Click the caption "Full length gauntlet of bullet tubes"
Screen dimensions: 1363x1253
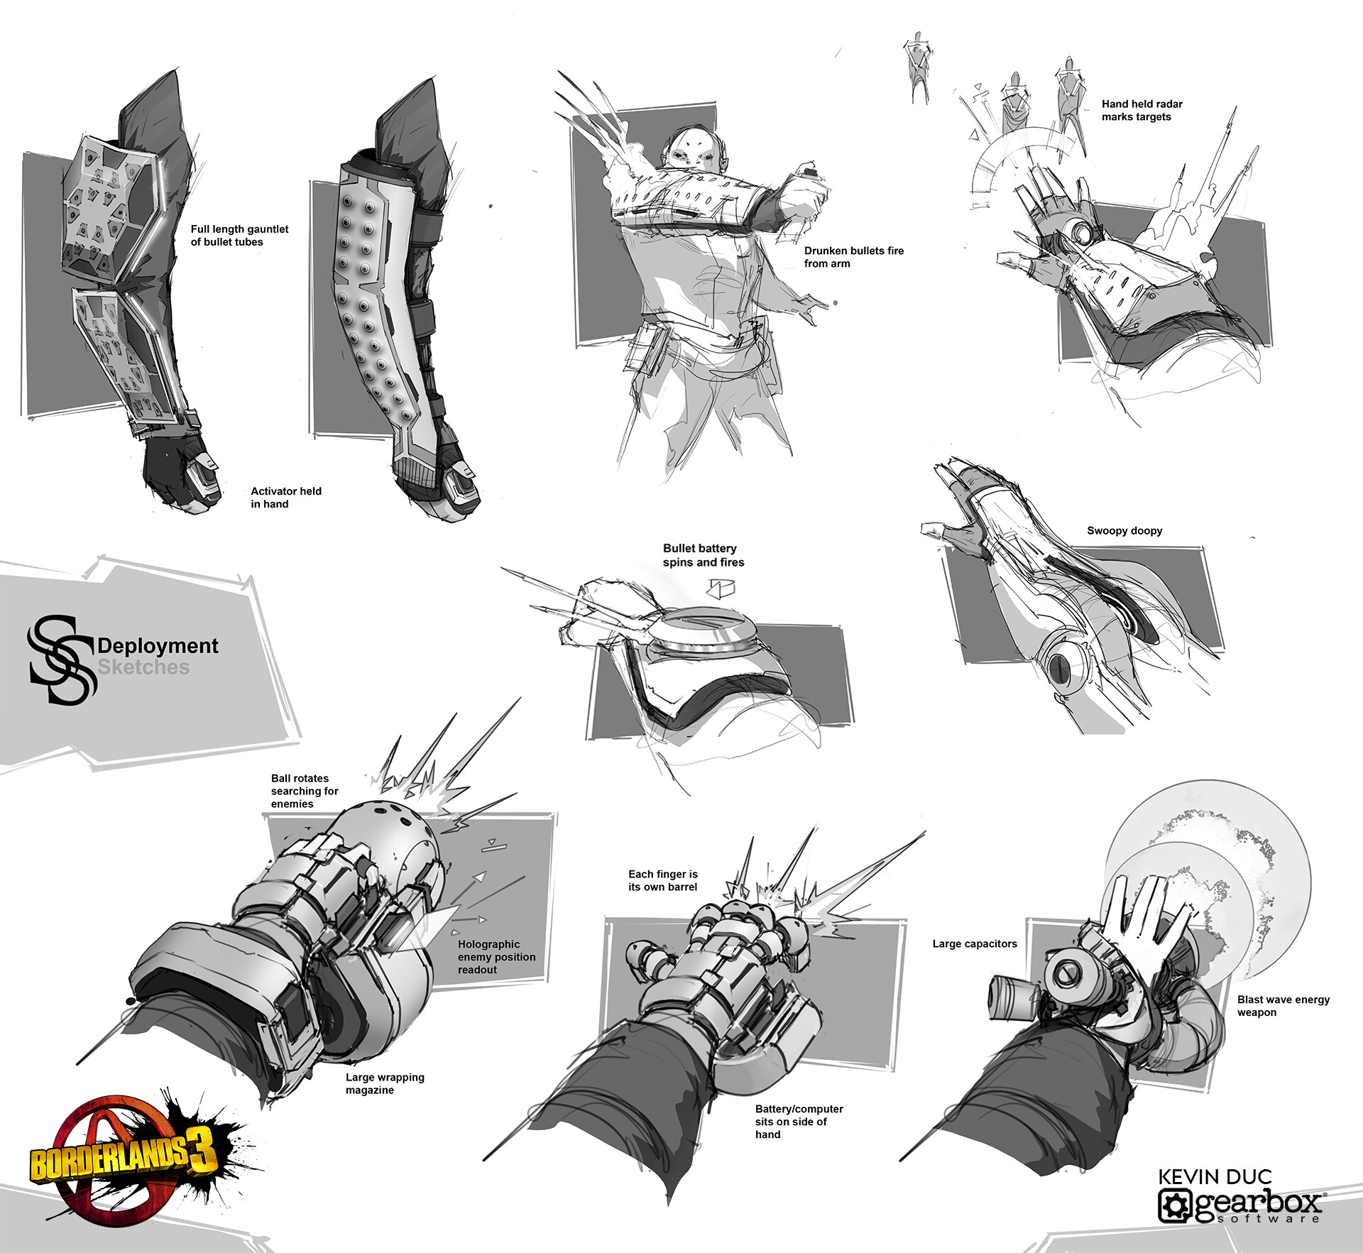point(239,236)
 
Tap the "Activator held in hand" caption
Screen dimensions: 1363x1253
point(285,498)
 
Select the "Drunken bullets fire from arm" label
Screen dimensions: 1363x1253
point(854,257)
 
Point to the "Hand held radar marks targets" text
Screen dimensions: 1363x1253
point(1142,110)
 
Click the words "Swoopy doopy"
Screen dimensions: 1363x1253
point(1124,530)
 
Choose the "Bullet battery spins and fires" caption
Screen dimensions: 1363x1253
point(704,555)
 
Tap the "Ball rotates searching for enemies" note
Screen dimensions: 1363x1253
point(305,791)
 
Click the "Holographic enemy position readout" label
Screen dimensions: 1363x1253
point(496,957)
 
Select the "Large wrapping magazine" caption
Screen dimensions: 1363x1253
point(385,1083)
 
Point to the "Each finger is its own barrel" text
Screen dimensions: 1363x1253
point(662,880)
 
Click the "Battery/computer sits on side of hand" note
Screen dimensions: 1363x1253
point(799,1122)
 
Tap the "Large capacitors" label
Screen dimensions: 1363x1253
point(975,943)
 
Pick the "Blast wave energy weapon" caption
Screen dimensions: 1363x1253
point(1283,1006)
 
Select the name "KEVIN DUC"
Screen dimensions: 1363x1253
point(1215,1177)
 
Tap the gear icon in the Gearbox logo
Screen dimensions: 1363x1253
point(1175,1205)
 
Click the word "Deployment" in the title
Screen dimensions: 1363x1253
point(158,646)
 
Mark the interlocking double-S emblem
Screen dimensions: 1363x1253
point(61,660)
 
